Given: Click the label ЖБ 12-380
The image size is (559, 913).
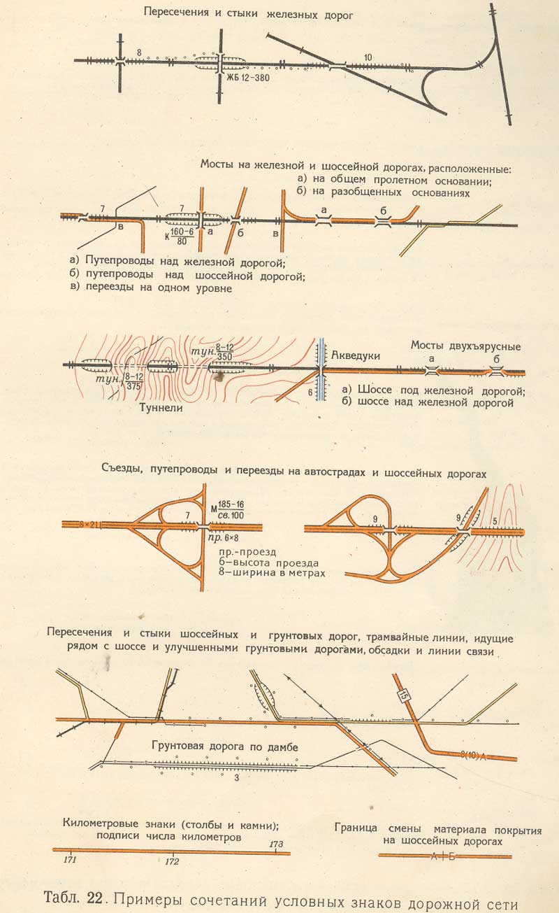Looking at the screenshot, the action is [x=248, y=78].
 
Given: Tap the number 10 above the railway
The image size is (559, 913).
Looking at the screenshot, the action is [x=368, y=57].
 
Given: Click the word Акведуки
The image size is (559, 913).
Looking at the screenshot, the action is [x=356, y=355].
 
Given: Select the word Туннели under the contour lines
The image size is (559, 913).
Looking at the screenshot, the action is [x=161, y=407].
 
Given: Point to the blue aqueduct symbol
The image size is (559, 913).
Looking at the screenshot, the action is [x=321, y=369].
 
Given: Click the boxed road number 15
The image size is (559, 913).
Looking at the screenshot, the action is [x=403, y=695].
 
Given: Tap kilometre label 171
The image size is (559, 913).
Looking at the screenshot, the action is [x=70, y=859].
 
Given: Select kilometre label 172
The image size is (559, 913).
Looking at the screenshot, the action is [x=172, y=861].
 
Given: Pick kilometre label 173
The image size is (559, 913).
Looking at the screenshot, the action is [x=276, y=844].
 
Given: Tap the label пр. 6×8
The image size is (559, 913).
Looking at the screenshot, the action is [x=223, y=538].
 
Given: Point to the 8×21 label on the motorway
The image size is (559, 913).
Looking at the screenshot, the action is [x=88, y=525].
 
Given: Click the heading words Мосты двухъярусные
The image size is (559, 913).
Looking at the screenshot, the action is [x=465, y=346].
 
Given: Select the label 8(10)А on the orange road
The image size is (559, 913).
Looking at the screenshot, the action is [x=473, y=756].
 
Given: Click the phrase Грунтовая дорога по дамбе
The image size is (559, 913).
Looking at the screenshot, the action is [x=225, y=746].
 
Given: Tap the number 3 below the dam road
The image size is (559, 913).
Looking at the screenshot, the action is [x=237, y=778].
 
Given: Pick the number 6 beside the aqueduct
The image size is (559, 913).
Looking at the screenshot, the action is [x=310, y=392].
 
